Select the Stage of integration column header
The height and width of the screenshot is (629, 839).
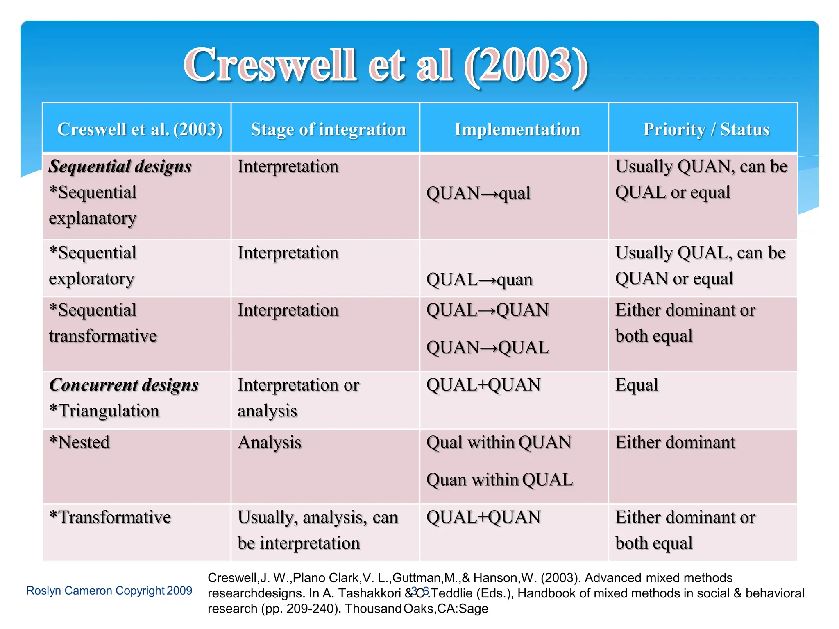(x=328, y=129)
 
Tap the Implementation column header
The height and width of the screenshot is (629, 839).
(x=517, y=129)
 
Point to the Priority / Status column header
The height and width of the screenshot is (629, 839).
(x=706, y=129)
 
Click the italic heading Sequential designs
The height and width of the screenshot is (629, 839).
(x=120, y=167)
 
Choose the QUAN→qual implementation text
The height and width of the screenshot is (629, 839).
(x=478, y=193)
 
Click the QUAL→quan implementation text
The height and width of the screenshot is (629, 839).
(x=479, y=280)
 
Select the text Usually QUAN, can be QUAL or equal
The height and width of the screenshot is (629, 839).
(x=701, y=179)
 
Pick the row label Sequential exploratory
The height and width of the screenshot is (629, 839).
(x=93, y=265)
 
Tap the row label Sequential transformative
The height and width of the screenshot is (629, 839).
(x=102, y=323)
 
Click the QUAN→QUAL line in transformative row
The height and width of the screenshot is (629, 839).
(x=487, y=348)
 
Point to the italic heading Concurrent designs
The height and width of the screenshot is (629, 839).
(x=124, y=385)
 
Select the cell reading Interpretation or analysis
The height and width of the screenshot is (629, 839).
(x=298, y=398)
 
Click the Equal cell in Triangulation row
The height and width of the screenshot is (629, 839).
(x=637, y=385)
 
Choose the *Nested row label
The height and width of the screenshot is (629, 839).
(x=79, y=442)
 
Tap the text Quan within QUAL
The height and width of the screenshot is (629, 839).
(x=499, y=480)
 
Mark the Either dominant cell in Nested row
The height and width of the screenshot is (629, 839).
(x=675, y=442)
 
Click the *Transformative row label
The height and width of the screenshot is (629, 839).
(x=110, y=517)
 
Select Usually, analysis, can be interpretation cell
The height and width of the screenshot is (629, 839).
(x=317, y=530)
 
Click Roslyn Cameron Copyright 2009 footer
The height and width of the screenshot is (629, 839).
(x=109, y=591)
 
